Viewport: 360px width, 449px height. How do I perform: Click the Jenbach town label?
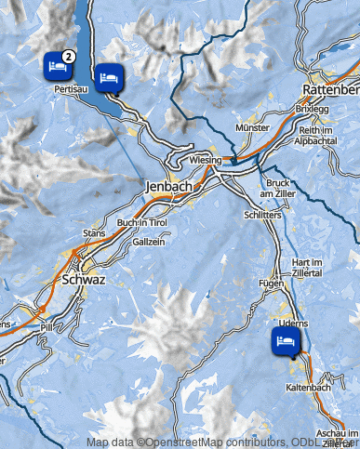tap(168, 187)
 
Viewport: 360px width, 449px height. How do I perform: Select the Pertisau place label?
tap(71, 88)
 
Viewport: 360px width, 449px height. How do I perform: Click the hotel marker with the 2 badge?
tap(58, 65)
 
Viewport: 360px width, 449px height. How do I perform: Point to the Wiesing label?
tap(205, 160)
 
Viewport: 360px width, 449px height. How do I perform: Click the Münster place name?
tap(253, 125)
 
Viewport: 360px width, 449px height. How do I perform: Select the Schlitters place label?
tap(261, 213)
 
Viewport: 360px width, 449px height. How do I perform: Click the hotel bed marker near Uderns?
tap(286, 340)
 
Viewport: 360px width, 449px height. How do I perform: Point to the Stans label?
tap(94, 232)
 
